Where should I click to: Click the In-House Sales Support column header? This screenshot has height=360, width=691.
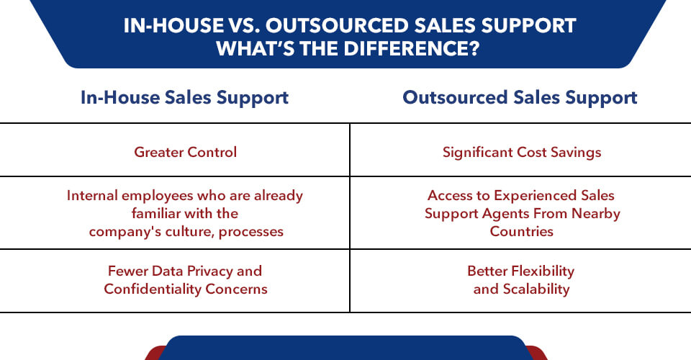pyautogui.click(x=184, y=97)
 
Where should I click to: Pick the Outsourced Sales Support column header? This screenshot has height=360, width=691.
pyautogui.click(x=520, y=97)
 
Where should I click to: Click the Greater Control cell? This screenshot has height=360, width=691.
pyautogui.click(x=185, y=152)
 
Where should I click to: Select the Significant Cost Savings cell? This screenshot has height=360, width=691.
pyautogui.click(x=522, y=152)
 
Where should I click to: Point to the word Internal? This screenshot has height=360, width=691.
pyautogui.click(x=96, y=195)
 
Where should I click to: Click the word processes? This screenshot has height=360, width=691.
pyautogui.click(x=252, y=231)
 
